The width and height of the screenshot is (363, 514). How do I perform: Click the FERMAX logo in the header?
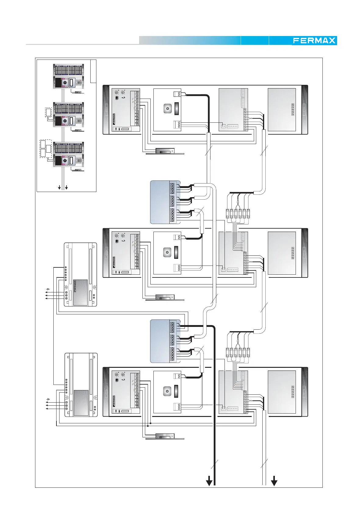point(314,41)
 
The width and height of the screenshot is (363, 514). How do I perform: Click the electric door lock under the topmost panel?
point(165,151)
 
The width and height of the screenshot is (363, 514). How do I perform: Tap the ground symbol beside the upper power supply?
point(48,289)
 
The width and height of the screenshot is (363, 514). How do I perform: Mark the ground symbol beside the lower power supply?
point(48,399)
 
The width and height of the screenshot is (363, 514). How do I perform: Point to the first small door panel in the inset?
point(68,76)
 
